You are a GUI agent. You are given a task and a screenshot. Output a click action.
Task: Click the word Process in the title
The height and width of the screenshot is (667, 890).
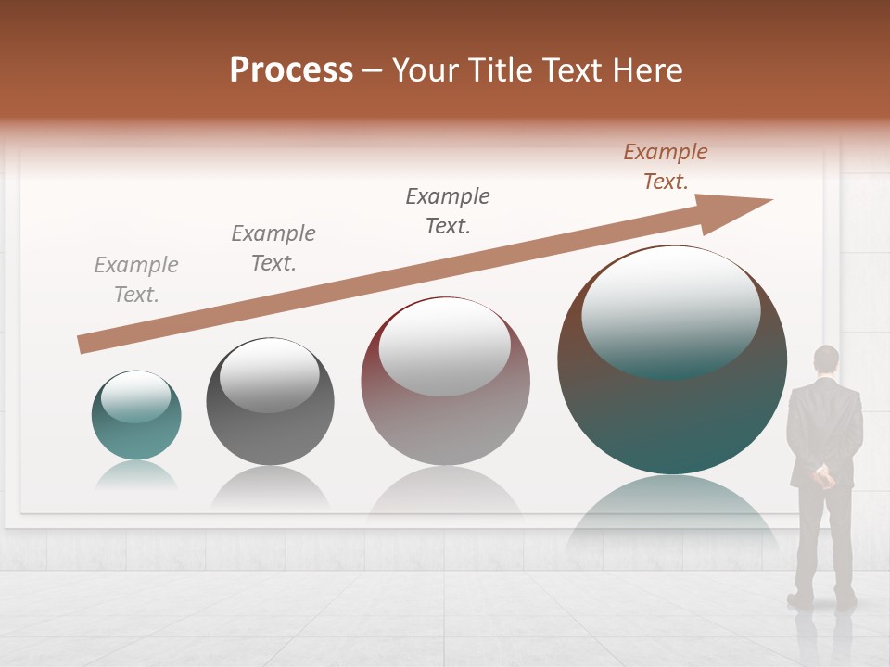[x=291, y=69]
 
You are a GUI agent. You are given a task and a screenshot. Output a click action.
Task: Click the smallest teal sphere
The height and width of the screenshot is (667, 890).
[x=136, y=435]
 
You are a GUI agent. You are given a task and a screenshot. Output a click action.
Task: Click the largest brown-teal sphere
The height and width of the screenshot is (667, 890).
[x=672, y=417]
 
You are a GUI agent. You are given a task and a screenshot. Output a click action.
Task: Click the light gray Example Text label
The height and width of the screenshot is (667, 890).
[x=136, y=280]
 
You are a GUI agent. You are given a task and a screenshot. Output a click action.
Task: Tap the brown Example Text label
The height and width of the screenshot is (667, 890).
[x=666, y=167]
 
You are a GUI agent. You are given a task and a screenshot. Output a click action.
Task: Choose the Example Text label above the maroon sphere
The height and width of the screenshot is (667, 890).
[x=448, y=211]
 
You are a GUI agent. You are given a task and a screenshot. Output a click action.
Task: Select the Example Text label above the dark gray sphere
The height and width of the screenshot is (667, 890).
[x=273, y=248]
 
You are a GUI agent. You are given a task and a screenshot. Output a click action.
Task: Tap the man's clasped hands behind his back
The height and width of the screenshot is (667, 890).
[x=822, y=477]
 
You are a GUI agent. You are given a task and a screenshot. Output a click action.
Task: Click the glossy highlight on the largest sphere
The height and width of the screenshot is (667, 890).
[x=671, y=310]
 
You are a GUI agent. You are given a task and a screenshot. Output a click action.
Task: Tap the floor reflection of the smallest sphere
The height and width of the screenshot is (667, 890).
[x=136, y=475]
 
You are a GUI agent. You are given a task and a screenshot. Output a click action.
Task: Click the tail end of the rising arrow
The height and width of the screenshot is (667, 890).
[x=83, y=345]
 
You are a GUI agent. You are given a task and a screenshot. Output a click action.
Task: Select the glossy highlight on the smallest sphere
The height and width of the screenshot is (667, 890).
[x=136, y=396]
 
